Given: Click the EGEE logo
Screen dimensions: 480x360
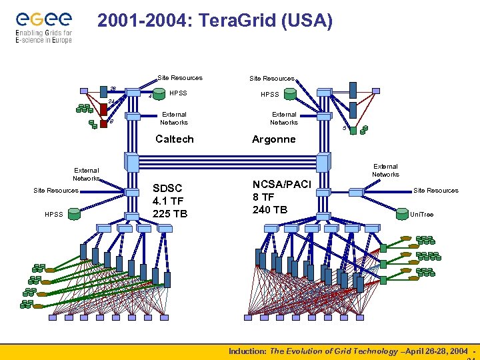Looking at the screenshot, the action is [43, 26].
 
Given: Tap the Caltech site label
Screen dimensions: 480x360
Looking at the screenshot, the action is [174, 139].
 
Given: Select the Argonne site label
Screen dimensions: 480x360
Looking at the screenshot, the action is [273, 139].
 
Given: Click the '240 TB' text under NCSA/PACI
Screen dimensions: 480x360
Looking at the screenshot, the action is [270, 209].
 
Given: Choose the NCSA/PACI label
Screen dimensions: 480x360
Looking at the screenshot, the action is [281, 184].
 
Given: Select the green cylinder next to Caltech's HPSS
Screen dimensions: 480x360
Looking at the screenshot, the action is [159, 94].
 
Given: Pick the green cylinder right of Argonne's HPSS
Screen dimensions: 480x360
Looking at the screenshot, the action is [290, 95].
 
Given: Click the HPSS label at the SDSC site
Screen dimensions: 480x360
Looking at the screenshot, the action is [54, 214].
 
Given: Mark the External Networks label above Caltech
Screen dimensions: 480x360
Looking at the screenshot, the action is [174, 118].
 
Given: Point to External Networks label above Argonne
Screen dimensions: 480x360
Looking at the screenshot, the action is [283, 118].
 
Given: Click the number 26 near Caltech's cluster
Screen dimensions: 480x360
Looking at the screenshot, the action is [113, 89].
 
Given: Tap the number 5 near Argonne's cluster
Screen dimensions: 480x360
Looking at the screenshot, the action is [344, 128].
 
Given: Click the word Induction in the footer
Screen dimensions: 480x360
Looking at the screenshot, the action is [247, 351].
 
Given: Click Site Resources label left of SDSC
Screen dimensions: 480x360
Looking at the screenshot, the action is [56, 191].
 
